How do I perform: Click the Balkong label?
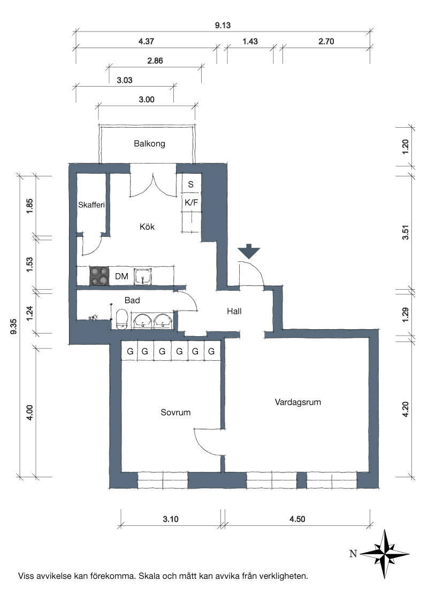pyautogui.click(x=149, y=144)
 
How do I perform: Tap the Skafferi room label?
pyautogui.click(x=91, y=205)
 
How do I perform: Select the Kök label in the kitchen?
pyautogui.click(x=147, y=227)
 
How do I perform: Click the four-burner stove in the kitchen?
pyautogui.click(x=98, y=276)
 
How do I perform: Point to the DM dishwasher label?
pyautogui.click(x=121, y=276)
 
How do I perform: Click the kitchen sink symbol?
pyautogui.click(x=143, y=277)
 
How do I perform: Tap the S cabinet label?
pyautogui.click(x=191, y=184)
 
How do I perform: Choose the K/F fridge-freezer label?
pyautogui.click(x=191, y=203)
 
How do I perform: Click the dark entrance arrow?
pyautogui.click(x=249, y=251)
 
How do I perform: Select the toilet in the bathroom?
pyautogui.click(x=122, y=320)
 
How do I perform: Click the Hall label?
pyautogui.click(x=234, y=312)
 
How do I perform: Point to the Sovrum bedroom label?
pyautogui.click(x=176, y=413)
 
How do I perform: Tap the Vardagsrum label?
pyautogui.click(x=298, y=402)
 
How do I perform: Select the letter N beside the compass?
pyautogui.click(x=353, y=554)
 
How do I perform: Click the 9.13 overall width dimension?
pyautogui.click(x=223, y=26)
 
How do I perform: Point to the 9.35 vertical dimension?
pyautogui.click(x=13, y=327)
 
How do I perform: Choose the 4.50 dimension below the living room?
pyautogui.click(x=297, y=519)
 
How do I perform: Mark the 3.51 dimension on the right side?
pyautogui.click(x=405, y=232)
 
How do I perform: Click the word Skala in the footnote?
pyautogui.click(x=149, y=577)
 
